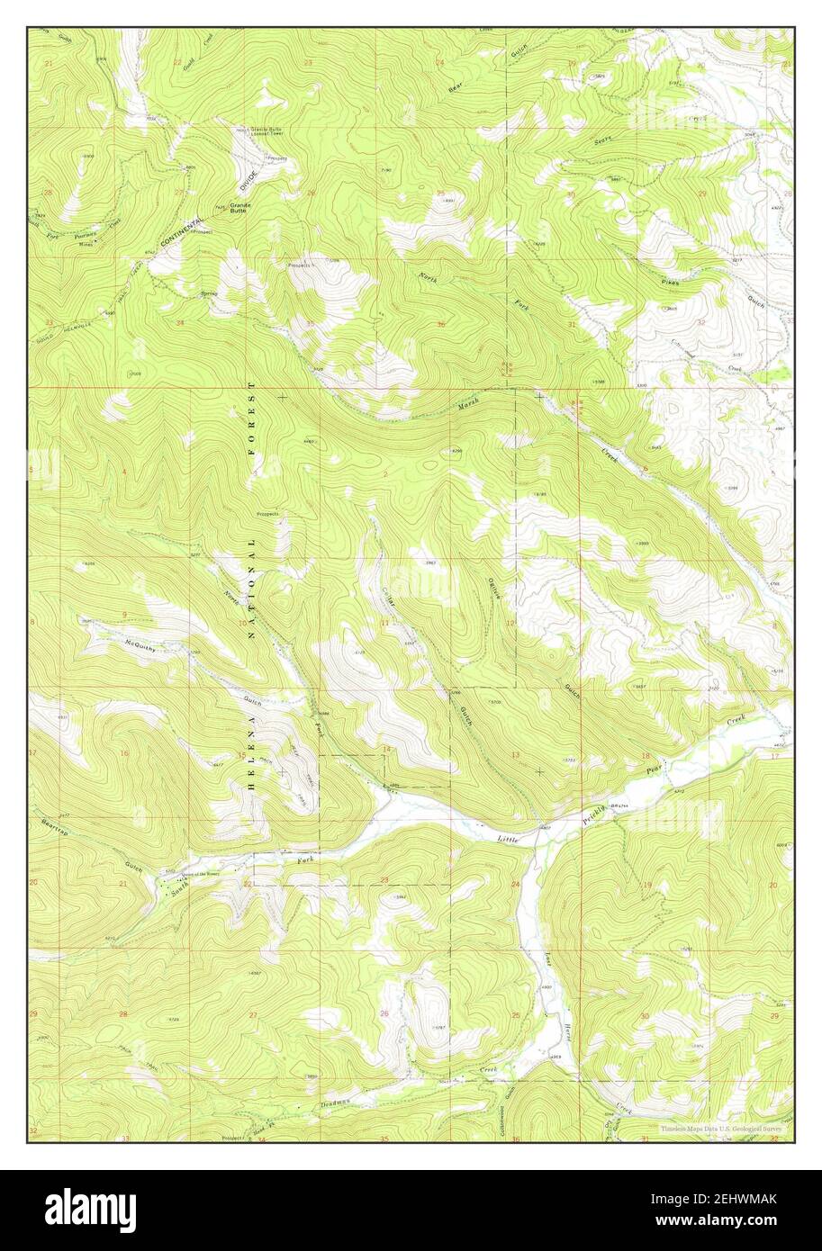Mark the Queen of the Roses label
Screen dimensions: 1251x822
click(200, 873)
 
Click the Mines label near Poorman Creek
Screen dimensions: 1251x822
click(86, 243)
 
